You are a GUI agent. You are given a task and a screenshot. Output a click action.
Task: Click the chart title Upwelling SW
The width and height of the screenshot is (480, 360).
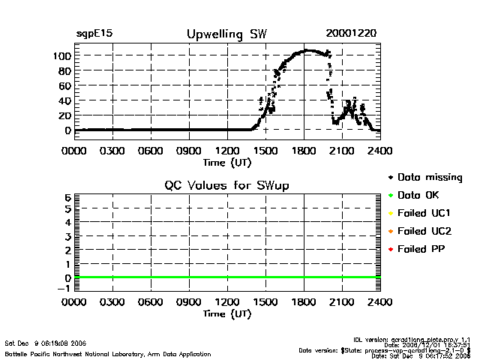tap(226, 34)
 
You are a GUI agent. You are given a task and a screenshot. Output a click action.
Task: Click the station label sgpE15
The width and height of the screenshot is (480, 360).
tap(94, 34)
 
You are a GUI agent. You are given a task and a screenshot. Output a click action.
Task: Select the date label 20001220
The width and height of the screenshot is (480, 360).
tap(351, 34)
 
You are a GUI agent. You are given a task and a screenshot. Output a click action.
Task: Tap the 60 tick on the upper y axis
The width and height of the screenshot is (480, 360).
tap(64, 85)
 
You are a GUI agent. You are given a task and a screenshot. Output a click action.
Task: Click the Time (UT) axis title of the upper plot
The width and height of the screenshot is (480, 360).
tap(226, 161)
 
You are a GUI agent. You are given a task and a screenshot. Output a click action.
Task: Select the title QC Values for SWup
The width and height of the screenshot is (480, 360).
tap(226, 185)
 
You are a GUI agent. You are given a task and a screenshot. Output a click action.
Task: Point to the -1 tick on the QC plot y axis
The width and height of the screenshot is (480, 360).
tap(65, 289)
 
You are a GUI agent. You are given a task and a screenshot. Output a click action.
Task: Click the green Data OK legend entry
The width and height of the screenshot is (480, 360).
tap(422, 195)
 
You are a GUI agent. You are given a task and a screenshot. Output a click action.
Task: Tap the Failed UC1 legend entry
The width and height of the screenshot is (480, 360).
tap(425, 213)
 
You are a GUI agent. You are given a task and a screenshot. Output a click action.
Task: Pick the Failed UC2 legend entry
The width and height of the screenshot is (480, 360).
tap(425, 230)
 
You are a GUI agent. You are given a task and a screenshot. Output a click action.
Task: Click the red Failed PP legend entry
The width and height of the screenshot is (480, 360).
tap(422, 248)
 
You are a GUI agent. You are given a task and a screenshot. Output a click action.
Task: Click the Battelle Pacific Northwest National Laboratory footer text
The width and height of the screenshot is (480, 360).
tap(90, 352)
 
